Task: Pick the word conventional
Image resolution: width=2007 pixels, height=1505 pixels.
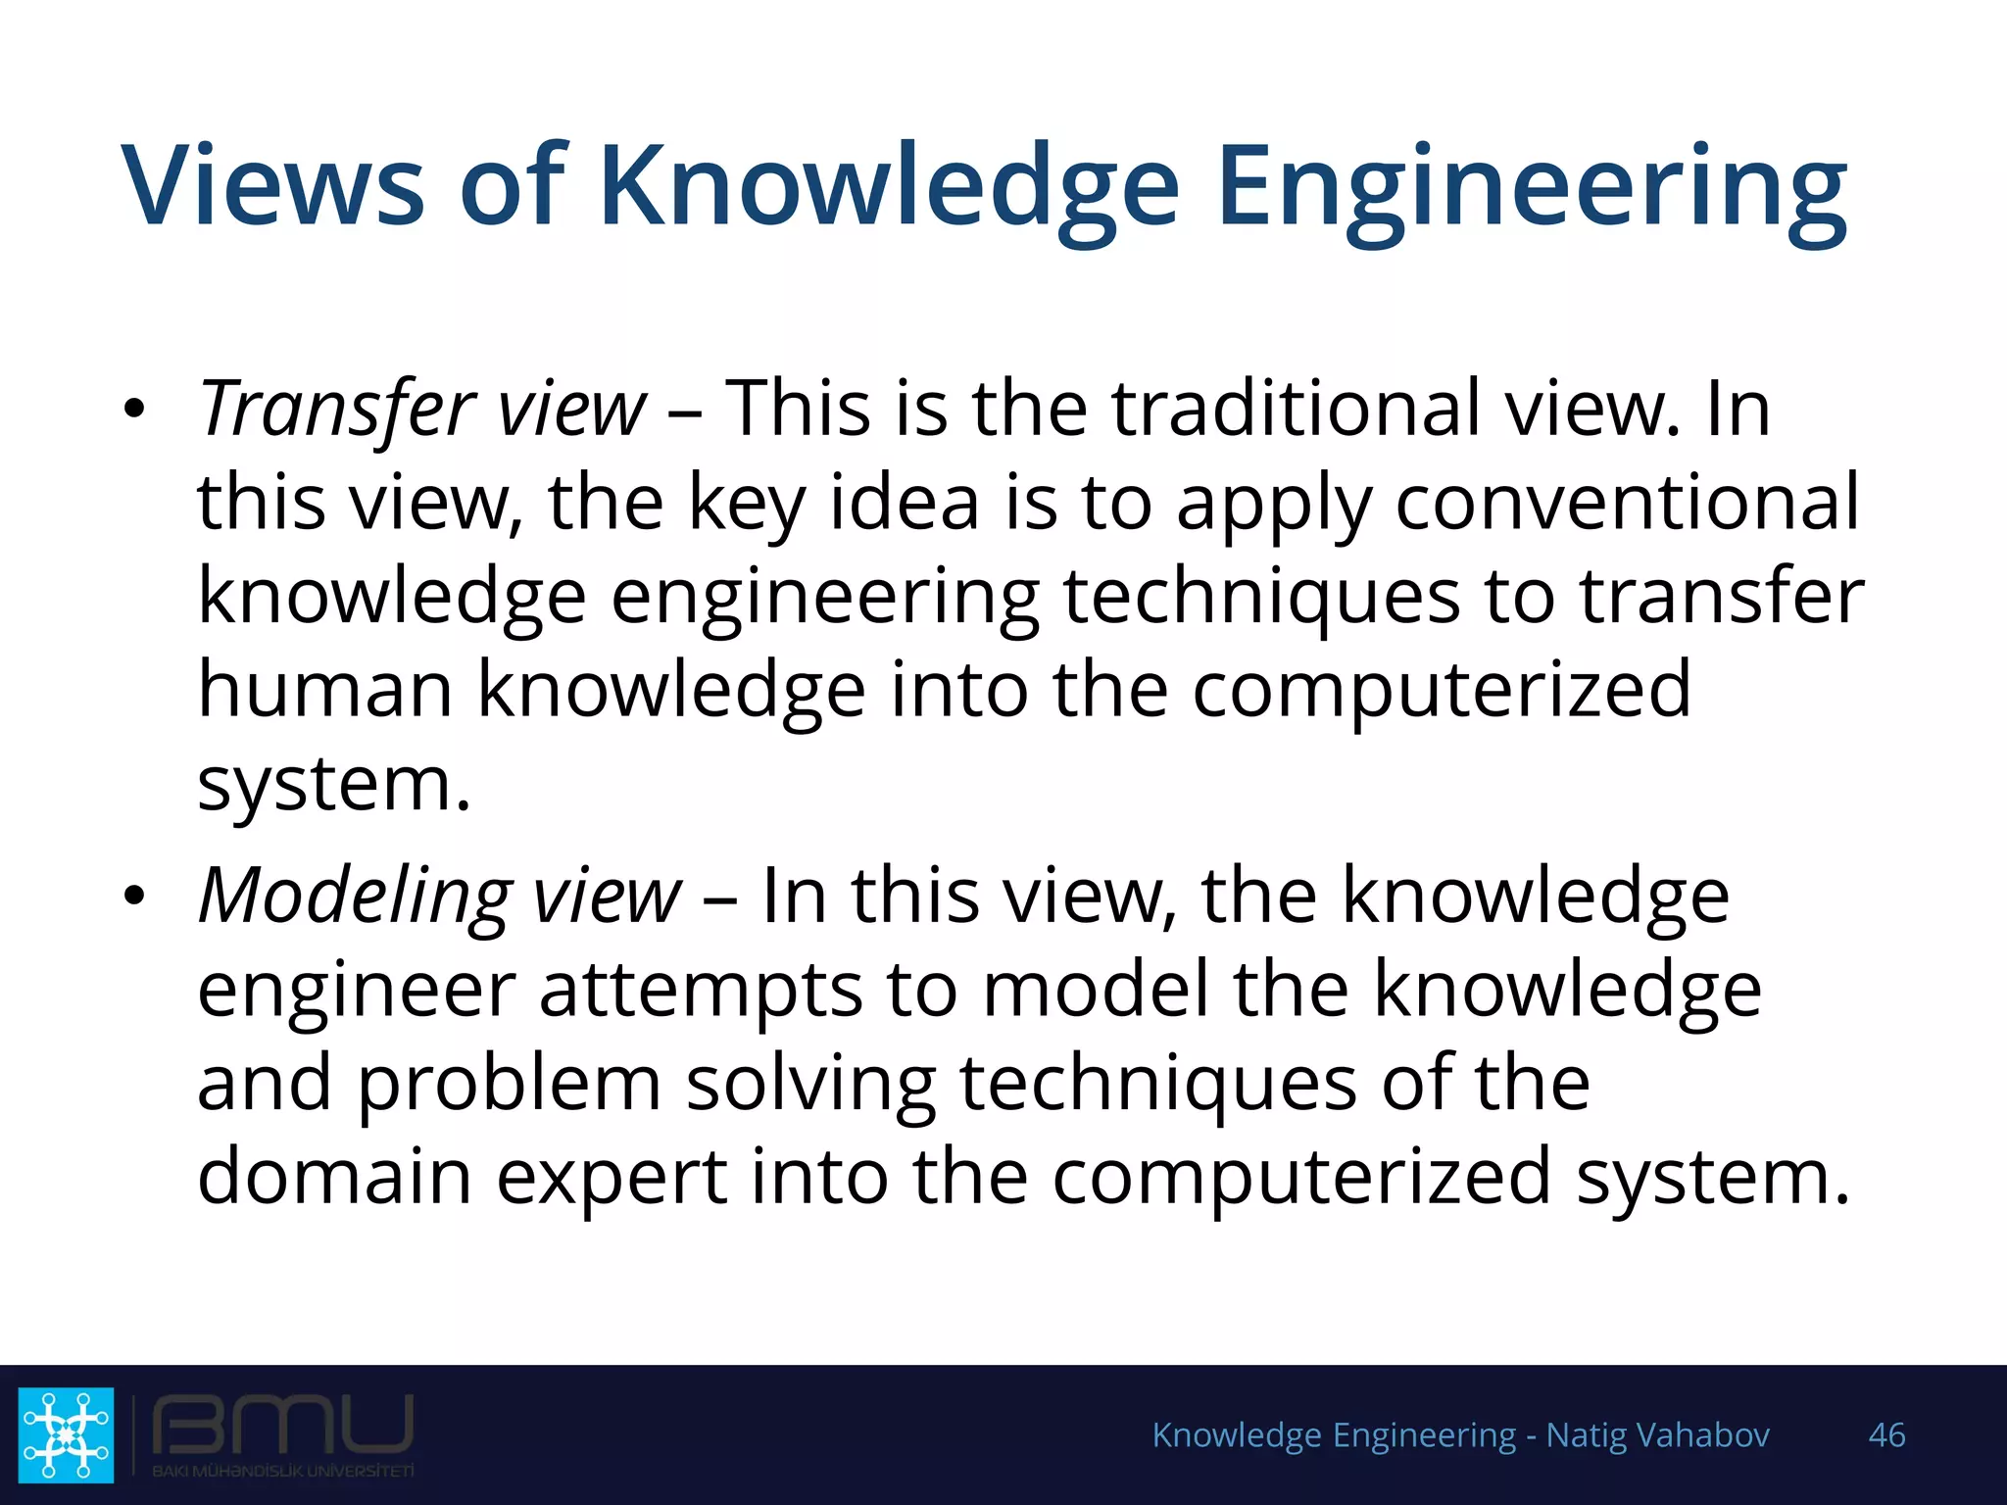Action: (x=1626, y=503)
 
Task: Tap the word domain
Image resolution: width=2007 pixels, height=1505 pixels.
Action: (x=334, y=1177)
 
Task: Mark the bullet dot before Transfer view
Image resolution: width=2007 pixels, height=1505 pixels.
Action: (x=134, y=409)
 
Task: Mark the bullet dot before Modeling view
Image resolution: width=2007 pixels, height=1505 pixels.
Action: (x=134, y=896)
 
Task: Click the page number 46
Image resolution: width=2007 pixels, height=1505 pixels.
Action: (x=1886, y=1435)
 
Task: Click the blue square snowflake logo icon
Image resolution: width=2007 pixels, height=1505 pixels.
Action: (x=66, y=1434)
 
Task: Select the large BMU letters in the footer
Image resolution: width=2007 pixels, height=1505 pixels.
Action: (x=282, y=1426)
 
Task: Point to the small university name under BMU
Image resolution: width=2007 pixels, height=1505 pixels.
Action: (x=282, y=1471)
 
